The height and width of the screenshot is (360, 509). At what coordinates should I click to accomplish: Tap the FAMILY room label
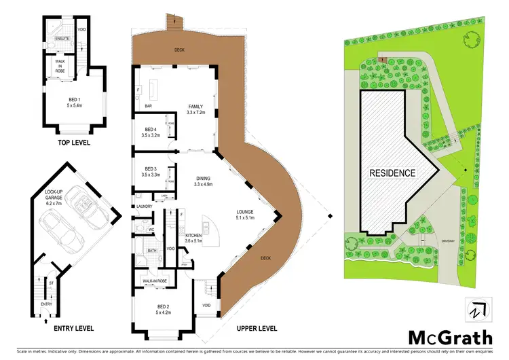point(199,108)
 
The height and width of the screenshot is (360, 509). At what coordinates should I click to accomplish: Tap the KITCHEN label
point(195,237)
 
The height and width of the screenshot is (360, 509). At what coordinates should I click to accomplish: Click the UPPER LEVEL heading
point(257,329)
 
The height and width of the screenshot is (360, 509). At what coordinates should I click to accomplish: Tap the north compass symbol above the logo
point(475,309)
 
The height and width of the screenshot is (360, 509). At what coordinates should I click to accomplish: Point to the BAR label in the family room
point(147,107)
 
